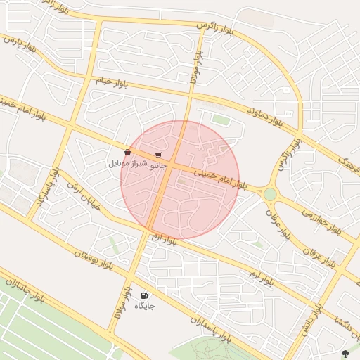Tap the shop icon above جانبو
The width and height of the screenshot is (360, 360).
(158, 155)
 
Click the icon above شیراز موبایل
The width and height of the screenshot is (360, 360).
(127, 152)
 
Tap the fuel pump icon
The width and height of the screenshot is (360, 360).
(144, 296)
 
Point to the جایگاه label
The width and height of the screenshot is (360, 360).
(144, 306)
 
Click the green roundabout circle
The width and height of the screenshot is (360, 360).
(270, 193)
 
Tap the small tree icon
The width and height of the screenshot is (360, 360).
(345, 352)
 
